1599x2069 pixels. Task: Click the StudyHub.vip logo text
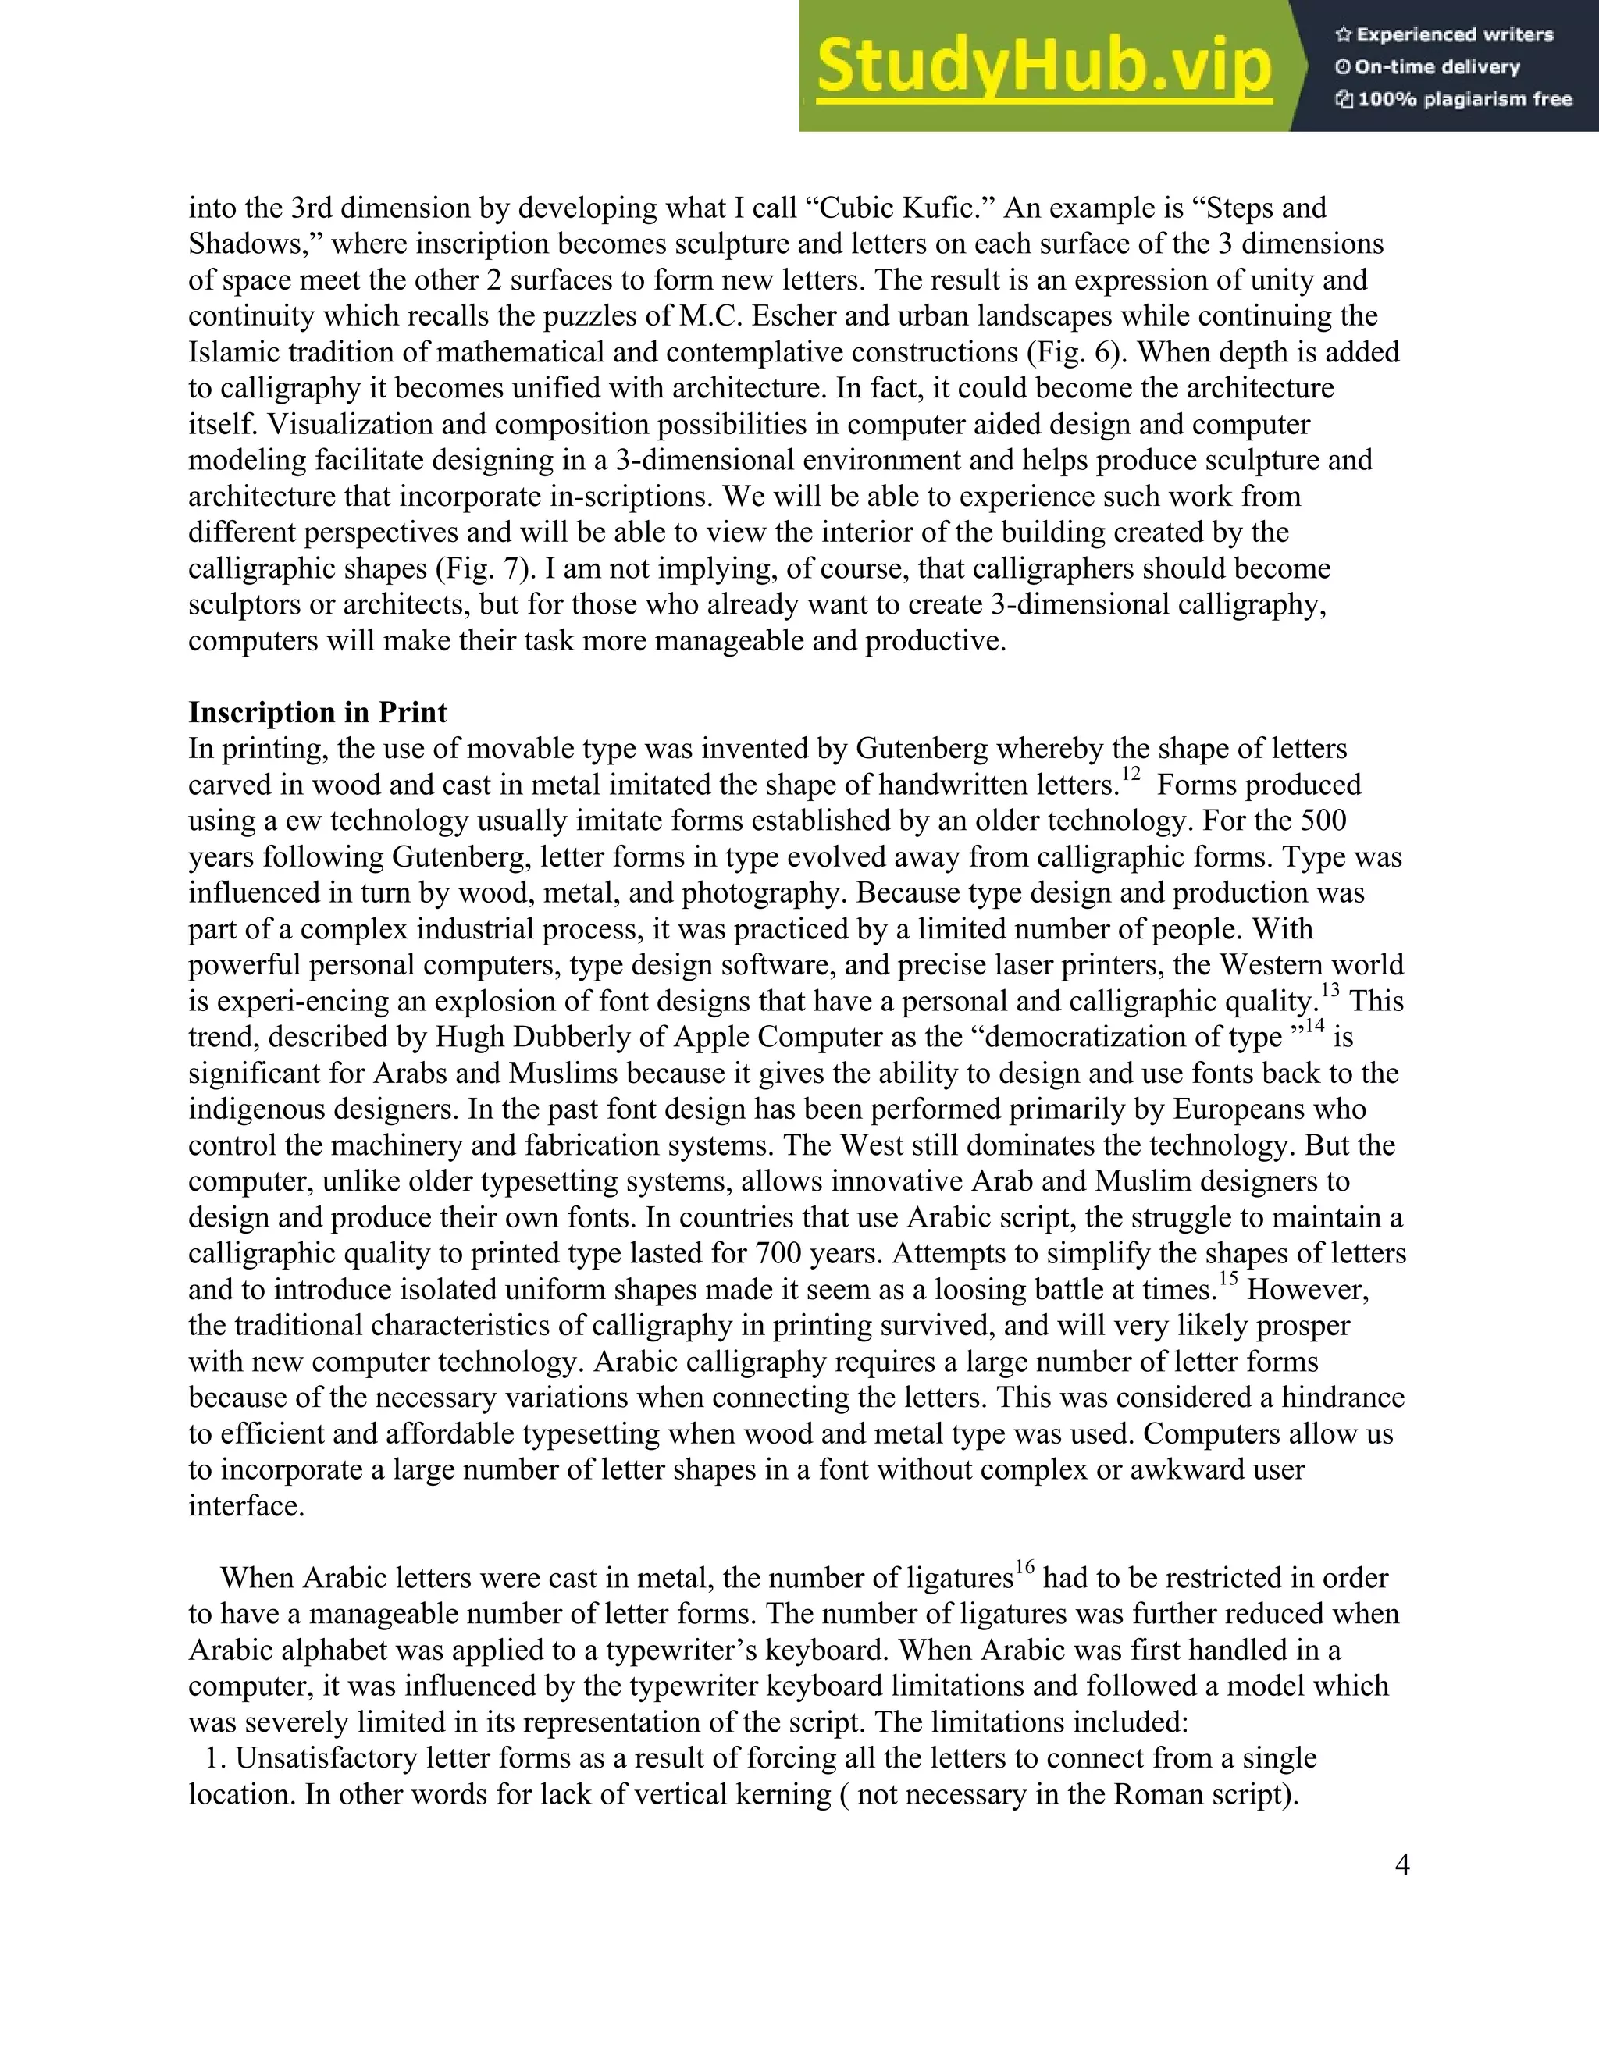pos(1043,67)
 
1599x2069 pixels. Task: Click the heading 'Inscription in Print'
pos(317,712)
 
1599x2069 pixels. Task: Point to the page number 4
pos(1402,1864)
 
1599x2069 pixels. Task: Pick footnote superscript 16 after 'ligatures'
pos(1026,1568)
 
